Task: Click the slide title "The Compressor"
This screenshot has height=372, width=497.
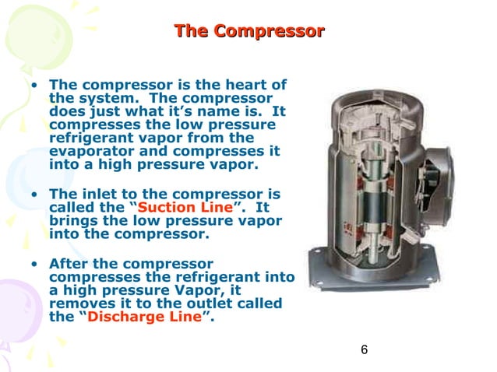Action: click(x=248, y=32)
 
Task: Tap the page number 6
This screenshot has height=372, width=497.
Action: click(x=364, y=349)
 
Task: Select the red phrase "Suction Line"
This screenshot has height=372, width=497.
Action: click(x=185, y=208)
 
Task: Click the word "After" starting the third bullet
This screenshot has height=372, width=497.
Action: click(x=69, y=263)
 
